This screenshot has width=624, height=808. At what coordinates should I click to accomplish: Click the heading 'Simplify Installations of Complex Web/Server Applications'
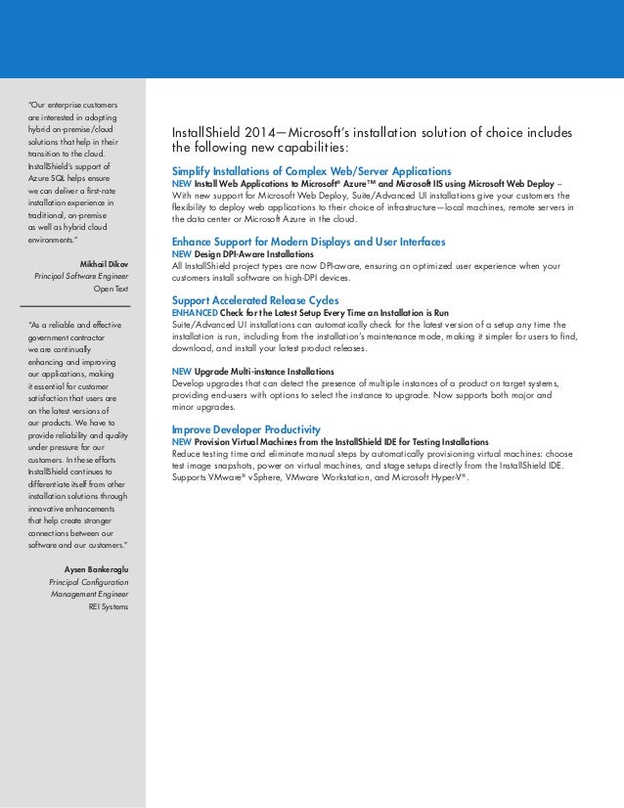(311, 170)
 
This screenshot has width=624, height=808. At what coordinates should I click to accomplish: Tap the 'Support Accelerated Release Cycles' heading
(254, 299)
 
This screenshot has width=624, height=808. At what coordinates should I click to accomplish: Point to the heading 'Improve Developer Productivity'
(245, 429)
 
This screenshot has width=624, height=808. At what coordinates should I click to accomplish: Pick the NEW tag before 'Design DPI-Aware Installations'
(181, 253)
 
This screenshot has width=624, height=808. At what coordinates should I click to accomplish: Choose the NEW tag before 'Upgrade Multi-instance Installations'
(181, 373)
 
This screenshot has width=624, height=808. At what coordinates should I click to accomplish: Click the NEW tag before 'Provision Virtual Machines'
(181, 442)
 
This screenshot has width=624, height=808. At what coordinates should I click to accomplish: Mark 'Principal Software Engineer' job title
(81, 277)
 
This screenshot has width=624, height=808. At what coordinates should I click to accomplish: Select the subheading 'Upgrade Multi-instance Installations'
(264, 373)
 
